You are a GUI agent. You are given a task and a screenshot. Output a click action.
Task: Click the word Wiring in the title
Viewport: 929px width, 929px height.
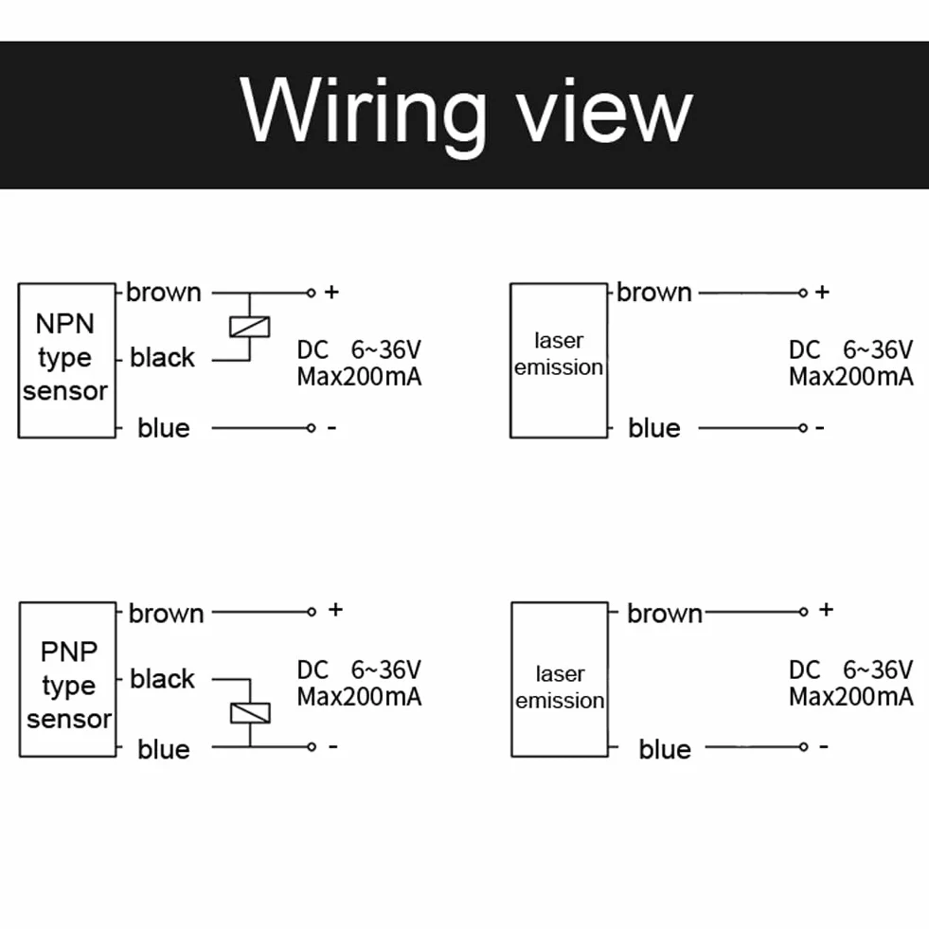pos(364,116)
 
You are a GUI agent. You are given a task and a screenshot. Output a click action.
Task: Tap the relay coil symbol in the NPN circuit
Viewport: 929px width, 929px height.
pos(249,327)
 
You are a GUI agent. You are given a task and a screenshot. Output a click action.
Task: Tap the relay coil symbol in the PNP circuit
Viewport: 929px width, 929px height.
pos(250,713)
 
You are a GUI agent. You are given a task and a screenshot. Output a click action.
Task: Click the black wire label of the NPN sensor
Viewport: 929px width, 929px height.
pos(162,357)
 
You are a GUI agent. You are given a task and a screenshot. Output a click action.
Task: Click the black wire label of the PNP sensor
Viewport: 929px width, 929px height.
pos(162,678)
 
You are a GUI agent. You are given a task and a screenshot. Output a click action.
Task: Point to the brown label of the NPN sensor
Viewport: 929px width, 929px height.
pos(164,292)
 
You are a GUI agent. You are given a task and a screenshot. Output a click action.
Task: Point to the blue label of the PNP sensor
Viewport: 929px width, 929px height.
pos(164,749)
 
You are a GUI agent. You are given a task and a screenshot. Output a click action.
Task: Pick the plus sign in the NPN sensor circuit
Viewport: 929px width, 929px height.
pos(331,292)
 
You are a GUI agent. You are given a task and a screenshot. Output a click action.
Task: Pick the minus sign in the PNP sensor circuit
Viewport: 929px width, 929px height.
pos(333,746)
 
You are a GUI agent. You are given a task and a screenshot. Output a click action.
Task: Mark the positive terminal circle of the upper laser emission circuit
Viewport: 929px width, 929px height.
pos(803,293)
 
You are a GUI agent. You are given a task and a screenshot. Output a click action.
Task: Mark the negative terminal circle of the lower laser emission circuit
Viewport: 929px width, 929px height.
pos(803,746)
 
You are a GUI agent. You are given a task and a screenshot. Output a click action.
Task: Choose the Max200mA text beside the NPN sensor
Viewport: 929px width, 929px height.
pos(359,377)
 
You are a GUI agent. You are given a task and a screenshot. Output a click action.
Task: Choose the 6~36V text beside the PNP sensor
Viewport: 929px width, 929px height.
pos(385,670)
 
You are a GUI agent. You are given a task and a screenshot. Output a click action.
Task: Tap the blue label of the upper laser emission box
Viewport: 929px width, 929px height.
pos(654,428)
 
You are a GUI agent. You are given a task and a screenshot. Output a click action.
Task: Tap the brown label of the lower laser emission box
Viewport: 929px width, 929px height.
pos(665,614)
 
